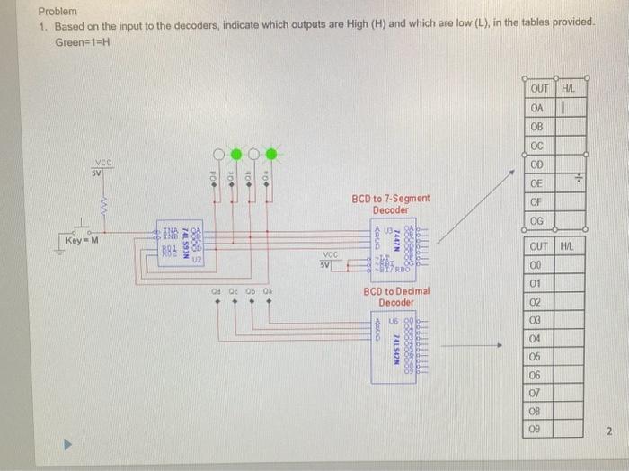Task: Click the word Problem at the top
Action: click(58, 13)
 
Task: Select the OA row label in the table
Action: click(537, 107)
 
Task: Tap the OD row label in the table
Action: click(537, 164)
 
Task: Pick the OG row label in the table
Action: click(537, 221)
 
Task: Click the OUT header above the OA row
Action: click(539, 88)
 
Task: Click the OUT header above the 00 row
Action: click(539, 245)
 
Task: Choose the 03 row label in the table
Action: click(536, 320)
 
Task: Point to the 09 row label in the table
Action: click(536, 430)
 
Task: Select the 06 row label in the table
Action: click(536, 375)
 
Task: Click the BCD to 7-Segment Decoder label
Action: click(391, 204)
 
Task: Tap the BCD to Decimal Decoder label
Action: click(396, 297)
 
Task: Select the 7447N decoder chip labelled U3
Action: click(396, 241)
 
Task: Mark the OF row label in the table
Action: click(537, 202)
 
